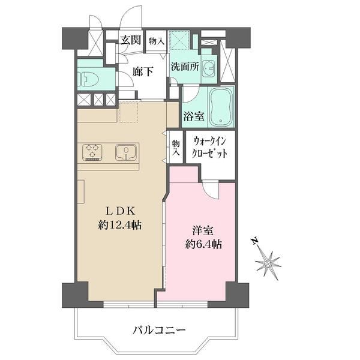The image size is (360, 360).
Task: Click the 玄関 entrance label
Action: coord(131,40)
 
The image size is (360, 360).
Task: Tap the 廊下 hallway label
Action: coord(143,71)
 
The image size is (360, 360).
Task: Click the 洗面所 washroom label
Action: coord(185,67)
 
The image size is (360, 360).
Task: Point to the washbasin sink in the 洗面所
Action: coord(209,68)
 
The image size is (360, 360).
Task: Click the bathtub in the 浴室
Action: coord(221,107)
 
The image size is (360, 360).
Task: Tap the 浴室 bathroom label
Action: coord(194,116)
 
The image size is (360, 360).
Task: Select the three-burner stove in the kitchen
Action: coord(92,152)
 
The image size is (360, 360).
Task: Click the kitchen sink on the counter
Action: coord(125,152)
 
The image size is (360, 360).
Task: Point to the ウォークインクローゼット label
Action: coord(209,147)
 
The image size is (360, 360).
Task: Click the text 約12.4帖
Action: coord(119,225)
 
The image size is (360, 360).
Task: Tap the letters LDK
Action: coord(120,211)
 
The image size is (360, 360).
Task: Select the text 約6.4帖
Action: coord(203,244)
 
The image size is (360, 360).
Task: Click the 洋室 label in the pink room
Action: coord(203,230)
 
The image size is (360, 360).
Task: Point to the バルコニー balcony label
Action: coord(159,331)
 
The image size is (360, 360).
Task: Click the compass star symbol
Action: coord(268,263)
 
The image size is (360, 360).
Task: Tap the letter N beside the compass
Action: coord(254,241)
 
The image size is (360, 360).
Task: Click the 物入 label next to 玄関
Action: coord(157,41)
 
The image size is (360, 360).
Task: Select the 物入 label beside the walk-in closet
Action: coord(176,148)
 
